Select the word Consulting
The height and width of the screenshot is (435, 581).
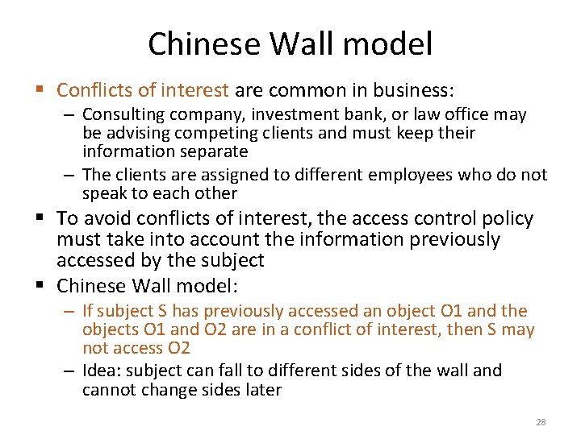tap(120, 114)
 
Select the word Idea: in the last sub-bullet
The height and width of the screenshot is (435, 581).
tap(102, 371)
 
